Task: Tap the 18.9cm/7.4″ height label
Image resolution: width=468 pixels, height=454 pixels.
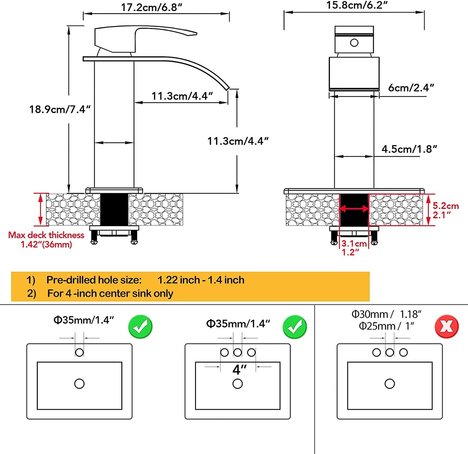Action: point(60,109)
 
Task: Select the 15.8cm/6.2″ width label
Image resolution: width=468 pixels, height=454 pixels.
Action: point(357,5)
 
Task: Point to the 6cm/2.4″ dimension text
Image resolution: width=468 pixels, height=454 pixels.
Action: point(411,88)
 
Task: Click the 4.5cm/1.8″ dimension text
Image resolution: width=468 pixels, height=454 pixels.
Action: point(409,149)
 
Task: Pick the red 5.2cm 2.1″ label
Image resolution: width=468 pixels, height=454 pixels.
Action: point(445,210)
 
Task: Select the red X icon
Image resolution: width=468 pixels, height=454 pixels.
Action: point(446,326)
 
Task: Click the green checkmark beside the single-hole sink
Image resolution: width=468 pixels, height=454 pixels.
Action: point(140,327)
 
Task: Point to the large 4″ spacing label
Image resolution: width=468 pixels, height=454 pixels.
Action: point(239,370)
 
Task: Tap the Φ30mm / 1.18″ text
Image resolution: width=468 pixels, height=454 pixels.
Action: point(386,314)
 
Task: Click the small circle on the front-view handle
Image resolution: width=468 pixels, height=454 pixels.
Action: point(354,42)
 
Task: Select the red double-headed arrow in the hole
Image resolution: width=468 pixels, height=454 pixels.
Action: point(354,209)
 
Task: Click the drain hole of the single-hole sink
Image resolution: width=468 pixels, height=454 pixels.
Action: point(79,384)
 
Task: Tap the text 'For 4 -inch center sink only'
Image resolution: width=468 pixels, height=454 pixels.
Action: point(110,294)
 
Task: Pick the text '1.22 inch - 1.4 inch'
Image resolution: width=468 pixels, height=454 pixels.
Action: point(201,280)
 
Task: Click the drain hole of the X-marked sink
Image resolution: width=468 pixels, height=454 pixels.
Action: point(390,384)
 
